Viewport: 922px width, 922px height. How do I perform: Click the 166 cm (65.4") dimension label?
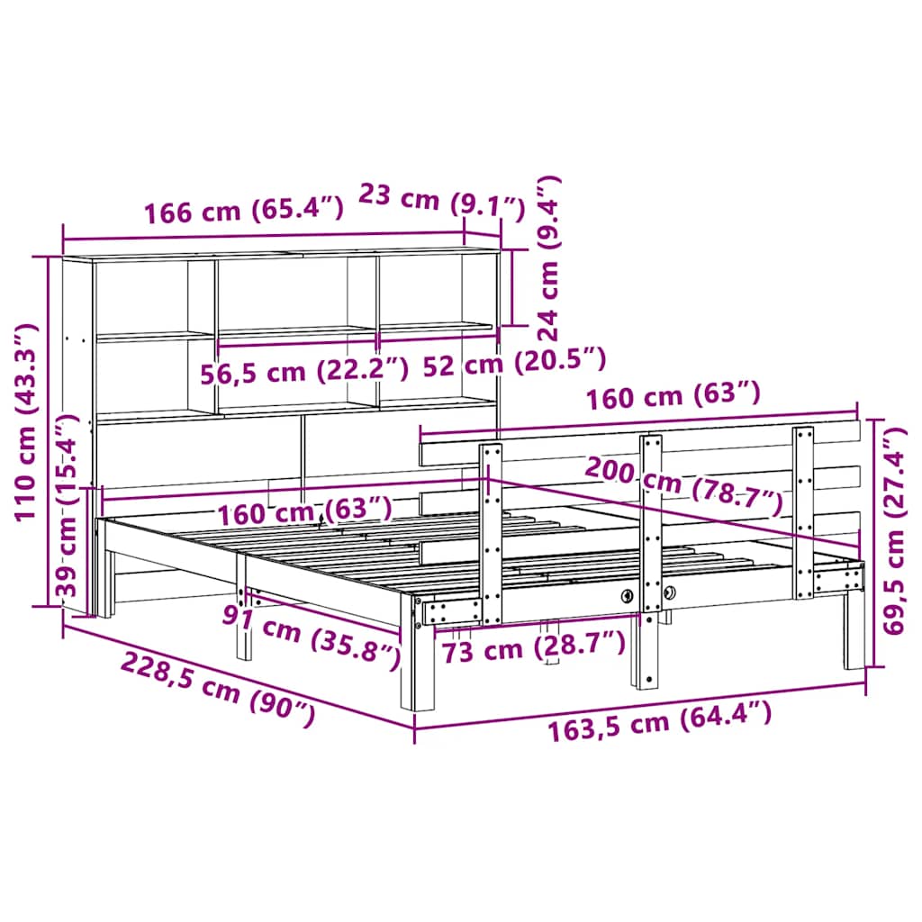pos(244,212)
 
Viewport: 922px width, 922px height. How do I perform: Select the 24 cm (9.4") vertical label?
pos(548,258)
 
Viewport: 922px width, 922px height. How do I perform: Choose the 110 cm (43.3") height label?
pos(28,421)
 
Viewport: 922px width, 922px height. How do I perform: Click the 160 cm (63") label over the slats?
pos(303,511)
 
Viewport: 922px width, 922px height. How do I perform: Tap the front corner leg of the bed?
pos(419,666)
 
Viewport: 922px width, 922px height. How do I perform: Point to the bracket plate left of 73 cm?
pos(451,612)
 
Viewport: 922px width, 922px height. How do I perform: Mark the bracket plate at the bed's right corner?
pos(837,577)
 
